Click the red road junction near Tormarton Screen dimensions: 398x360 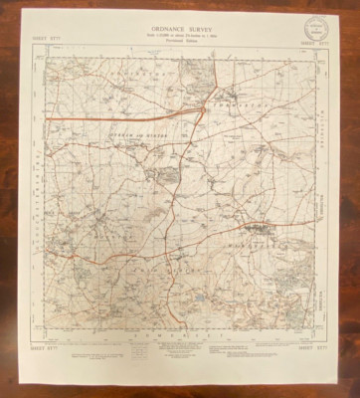[203, 103]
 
